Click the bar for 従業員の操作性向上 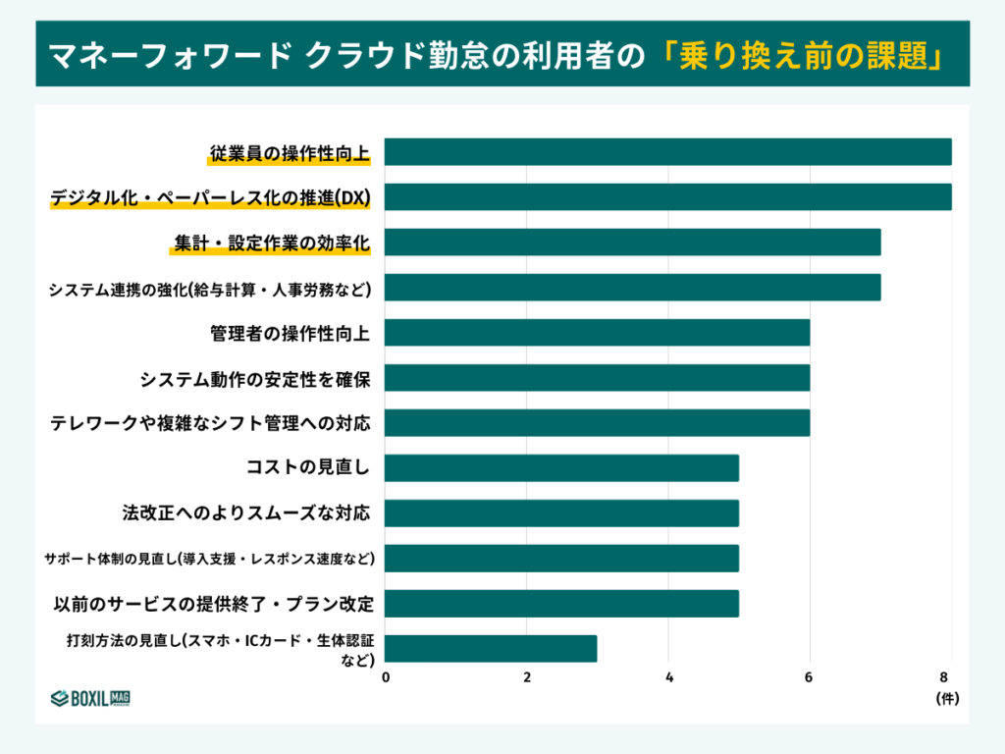(x=667, y=152)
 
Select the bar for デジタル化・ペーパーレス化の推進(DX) (x=667, y=197)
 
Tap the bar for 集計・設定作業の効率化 (x=632, y=242)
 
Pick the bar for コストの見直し (x=561, y=468)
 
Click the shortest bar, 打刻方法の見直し (x=491, y=649)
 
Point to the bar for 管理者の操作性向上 (x=597, y=333)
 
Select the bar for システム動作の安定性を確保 (x=597, y=378)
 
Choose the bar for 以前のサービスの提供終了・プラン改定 (x=561, y=604)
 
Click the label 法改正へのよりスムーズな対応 (x=246, y=512)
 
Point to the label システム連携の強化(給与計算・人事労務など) (x=210, y=289)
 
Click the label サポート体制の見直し (x=210, y=559)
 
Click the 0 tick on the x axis (x=386, y=677)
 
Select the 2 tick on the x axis (x=527, y=677)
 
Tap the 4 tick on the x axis (x=668, y=677)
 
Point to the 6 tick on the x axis (x=810, y=677)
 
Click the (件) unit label (x=946, y=699)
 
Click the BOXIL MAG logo (x=91, y=698)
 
